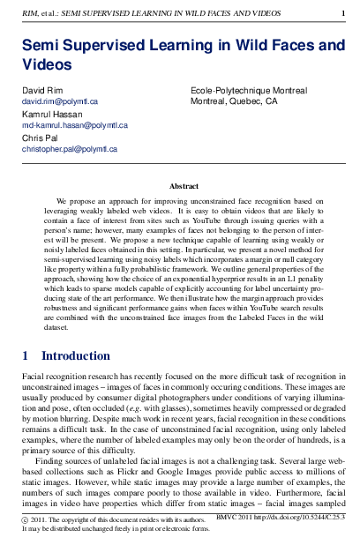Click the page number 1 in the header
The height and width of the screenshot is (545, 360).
pyautogui.click(x=342, y=11)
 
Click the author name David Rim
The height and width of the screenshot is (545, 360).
pyautogui.click(x=41, y=91)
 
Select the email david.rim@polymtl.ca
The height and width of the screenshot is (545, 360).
pyautogui.click(x=59, y=102)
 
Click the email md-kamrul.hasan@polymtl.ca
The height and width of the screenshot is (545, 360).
pyautogui.click(x=75, y=126)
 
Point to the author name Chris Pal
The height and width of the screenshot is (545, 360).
pyautogui.click(x=39, y=138)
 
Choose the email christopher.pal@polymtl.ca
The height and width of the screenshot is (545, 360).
pyautogui.click(x=70, y=150)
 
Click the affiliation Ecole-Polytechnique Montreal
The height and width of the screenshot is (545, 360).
pyautogui.click(x=248, y=91)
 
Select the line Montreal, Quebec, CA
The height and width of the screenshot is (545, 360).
pyautogui.click(x=234, y=102)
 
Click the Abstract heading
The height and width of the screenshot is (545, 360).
pyautogui.click(x=184, y=187)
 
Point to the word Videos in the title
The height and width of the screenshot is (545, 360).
pyautogui.click(x=47, y=63)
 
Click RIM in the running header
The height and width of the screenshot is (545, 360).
pyautogui.click(x=28, y=11)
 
